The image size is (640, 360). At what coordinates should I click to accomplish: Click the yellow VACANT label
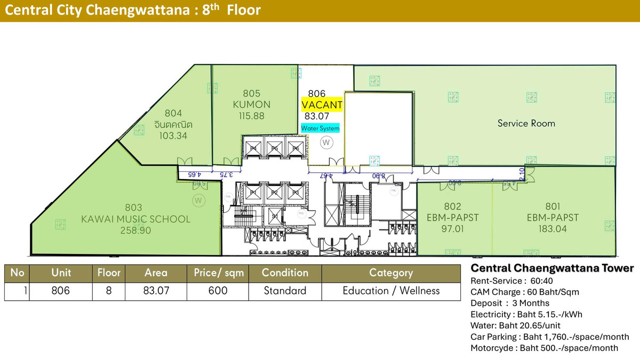[322, 105]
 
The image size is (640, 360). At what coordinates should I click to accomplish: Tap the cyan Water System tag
[320, 128]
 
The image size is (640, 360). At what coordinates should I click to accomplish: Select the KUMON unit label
[252, 105]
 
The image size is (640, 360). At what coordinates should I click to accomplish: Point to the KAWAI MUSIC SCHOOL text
[135, 219]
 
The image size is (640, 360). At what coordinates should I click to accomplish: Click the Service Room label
[526, 123]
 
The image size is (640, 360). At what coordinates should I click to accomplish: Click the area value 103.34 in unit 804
[173, 135]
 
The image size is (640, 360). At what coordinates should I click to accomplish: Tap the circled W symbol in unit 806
[326, 142]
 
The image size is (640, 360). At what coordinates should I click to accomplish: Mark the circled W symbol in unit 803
[198, 201]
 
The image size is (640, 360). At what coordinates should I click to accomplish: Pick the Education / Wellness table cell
[391, 291]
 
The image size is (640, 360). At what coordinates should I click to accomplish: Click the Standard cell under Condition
[285, 291]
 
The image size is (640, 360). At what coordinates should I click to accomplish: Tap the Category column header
[391, 273]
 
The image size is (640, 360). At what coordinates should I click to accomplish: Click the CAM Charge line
[524, 292]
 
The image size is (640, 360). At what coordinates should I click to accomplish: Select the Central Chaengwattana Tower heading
[552, 268]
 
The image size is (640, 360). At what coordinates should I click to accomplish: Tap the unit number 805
[252, 93]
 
